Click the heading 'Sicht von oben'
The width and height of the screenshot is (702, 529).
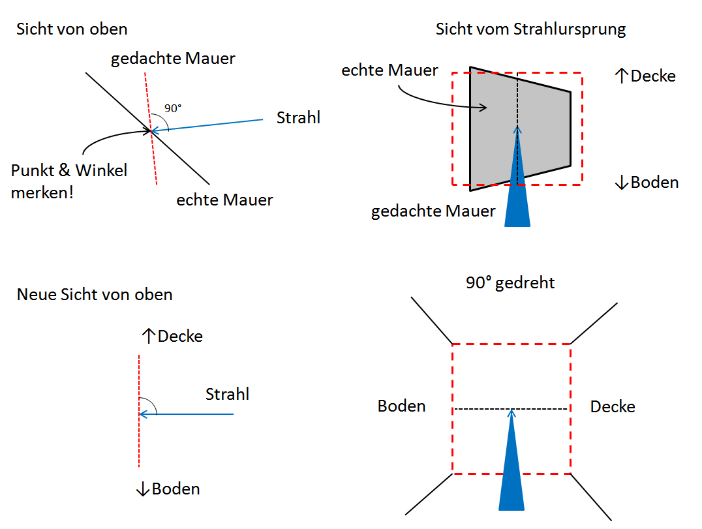click(72, 29)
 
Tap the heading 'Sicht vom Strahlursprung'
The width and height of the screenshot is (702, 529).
click(530, 29)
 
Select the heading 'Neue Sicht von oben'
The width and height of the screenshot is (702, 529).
click(95, 294)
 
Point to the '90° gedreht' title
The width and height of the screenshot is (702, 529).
click(510, 283)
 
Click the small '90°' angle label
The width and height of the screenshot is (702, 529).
click(173, 108)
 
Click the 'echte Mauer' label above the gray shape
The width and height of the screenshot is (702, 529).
click(389, 70)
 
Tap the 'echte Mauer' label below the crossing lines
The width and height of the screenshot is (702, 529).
click(224, 200)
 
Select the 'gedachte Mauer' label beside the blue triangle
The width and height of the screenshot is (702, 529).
click(433, 211)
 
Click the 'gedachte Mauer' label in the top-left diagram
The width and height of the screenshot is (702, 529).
click(173, 59)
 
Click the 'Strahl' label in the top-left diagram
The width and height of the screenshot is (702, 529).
click(298, 118)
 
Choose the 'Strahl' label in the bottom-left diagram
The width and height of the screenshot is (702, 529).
click(227, 394)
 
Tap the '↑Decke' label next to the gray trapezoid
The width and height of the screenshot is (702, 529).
click(645, 76)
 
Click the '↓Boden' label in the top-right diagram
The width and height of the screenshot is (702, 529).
click(647, 182)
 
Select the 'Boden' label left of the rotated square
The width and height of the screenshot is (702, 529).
click(401, 406)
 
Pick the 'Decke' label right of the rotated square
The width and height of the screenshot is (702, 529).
click(613, 406)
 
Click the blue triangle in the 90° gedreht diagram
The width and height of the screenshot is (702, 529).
click(511, 470)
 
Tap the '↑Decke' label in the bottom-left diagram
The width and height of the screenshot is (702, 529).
click(172, 337)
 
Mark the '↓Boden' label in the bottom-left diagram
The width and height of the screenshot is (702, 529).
click(168, 489)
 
